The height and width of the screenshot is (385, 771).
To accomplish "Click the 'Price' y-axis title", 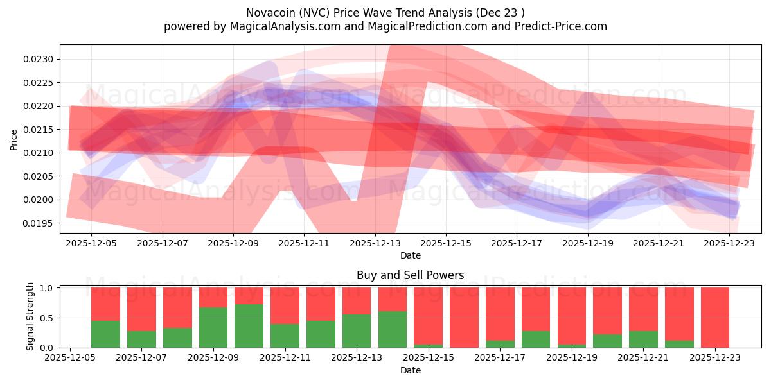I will [14, 139].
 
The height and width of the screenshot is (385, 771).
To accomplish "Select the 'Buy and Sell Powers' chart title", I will [410, 275].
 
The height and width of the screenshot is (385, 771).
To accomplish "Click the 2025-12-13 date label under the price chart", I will [375, 243].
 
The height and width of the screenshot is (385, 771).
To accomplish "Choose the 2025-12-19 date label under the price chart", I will [587, 243].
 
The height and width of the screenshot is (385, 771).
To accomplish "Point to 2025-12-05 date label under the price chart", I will [91, 243].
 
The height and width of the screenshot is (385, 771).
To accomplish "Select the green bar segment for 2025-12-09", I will [213, 327].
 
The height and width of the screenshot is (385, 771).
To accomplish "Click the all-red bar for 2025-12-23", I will [715, 318].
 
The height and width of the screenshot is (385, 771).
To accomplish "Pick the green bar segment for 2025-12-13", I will [357, 331].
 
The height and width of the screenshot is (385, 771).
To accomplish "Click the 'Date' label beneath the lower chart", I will [410, 370].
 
